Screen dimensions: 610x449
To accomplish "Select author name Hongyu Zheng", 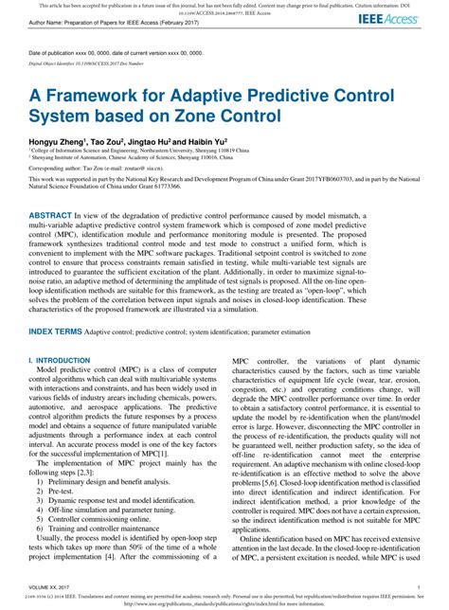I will (x=65, y=138).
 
